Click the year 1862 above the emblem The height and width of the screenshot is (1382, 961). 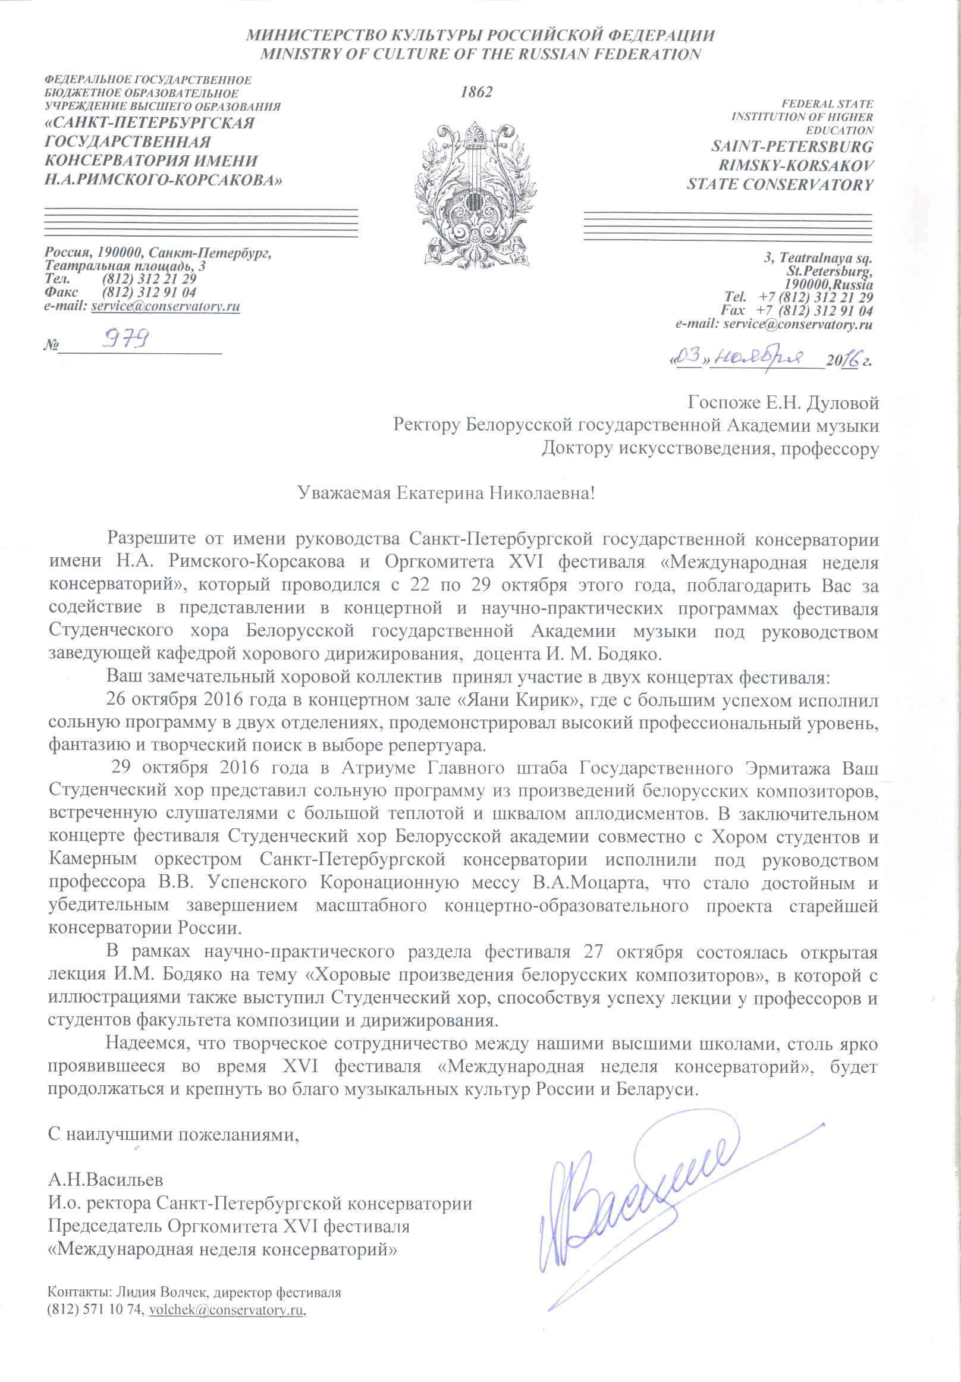(476, 92)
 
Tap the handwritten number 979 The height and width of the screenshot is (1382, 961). (125, 340)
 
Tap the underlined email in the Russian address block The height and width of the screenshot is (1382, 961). (165, 306)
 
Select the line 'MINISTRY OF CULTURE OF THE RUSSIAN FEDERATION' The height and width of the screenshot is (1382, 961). (480, 54)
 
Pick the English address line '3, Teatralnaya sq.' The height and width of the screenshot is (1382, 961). (818, 257)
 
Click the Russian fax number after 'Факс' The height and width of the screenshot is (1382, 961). (149, 293)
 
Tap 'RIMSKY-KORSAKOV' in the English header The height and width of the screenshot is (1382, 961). (796, 165)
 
